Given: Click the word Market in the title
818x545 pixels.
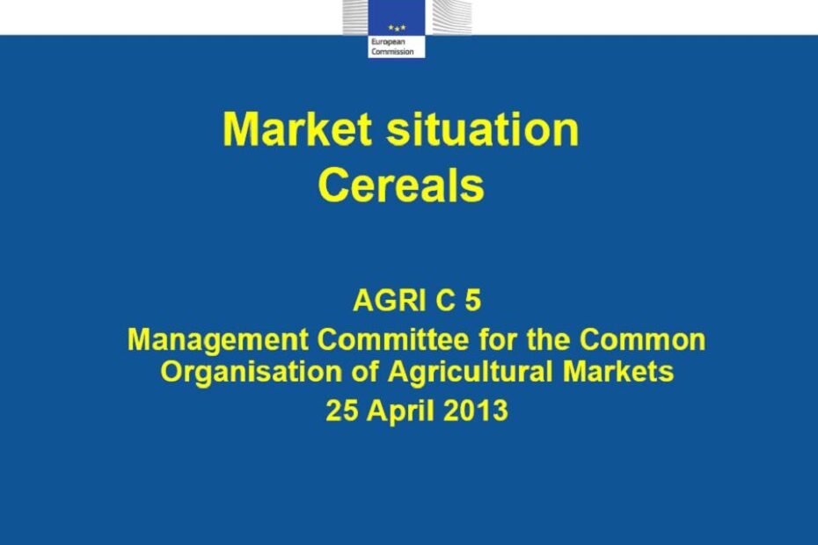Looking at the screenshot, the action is tap(296, 129).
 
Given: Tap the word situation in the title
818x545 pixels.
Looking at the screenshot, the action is tap(483, 129).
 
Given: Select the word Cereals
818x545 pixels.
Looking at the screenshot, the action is tap(401, 185).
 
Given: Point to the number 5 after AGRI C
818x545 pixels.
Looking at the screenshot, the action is tap(472, 301).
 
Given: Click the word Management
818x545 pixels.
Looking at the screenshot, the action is tap(218, 340).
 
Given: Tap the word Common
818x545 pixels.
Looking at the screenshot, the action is tap(642, 339).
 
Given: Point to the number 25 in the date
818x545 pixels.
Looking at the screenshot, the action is tap(342, 411).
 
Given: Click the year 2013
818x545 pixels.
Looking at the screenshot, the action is tap(476, 411).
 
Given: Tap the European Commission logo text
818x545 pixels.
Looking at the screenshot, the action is tap(393, 47).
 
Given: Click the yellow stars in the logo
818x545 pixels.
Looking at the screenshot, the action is tap(397, 27).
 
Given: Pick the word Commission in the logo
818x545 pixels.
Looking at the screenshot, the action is tap(393, 52).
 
